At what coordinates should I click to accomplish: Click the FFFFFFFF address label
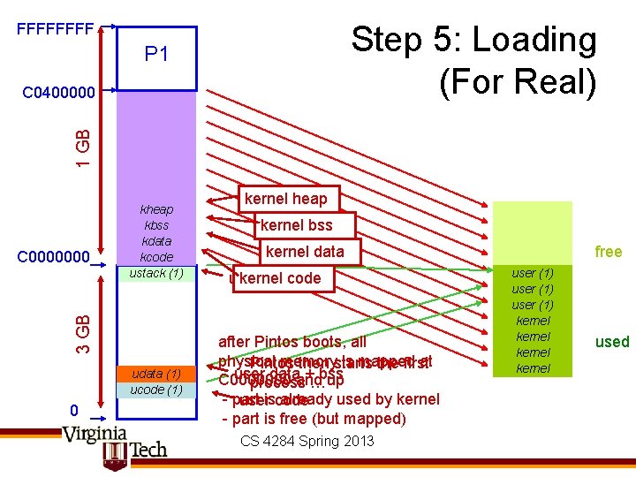tap(56, 28)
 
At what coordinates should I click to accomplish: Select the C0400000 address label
tap(58, 91)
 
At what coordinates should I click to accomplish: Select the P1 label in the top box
tap(156, 55)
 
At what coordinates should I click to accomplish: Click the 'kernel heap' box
tap(285, 199)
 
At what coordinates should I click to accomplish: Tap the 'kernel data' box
tap(305, 252)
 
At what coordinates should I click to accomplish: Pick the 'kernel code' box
tap(279, 278)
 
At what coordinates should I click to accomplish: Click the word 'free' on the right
tap(608, 252)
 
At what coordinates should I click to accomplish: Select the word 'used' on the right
tap(611, 342)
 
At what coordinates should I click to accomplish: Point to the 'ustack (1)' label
tap(156, 273)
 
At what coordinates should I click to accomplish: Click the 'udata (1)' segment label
tap(156, 374)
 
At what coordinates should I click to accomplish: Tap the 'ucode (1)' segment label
tap(156, 390)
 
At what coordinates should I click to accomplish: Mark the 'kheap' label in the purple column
tap(156, 209)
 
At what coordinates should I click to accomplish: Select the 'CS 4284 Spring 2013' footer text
tap(307, 441)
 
